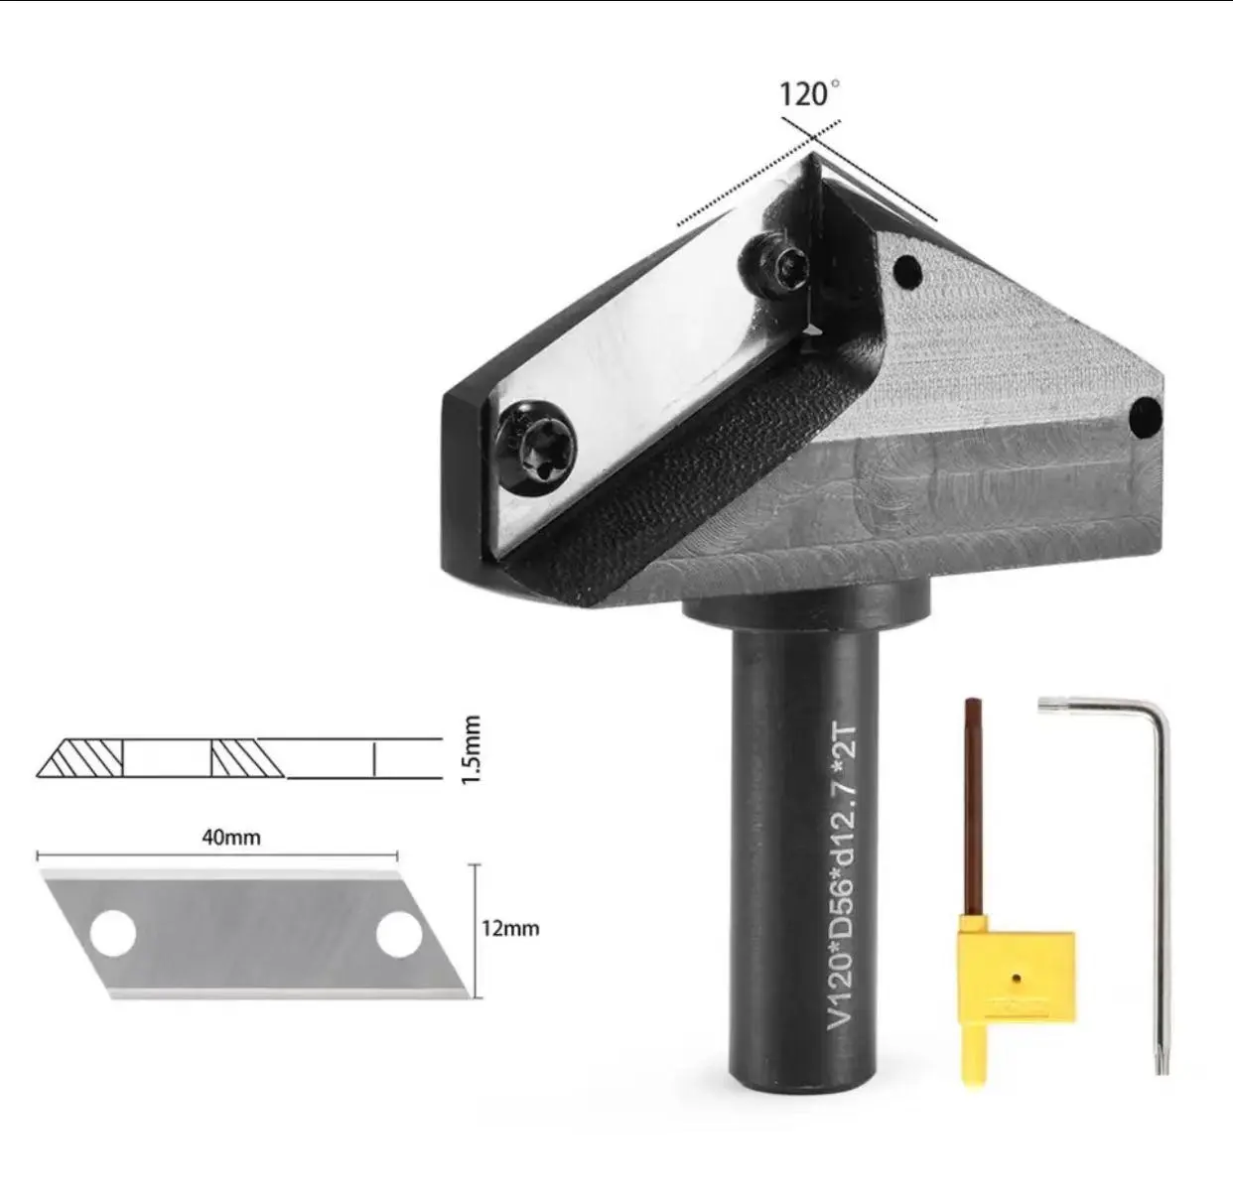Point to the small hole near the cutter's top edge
coord(904,268)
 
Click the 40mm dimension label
coord(231,837)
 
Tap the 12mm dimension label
coord(509,929)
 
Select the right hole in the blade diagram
coord(398,934)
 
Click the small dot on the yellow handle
coord(1016,978)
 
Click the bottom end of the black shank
coord(804,1077)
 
